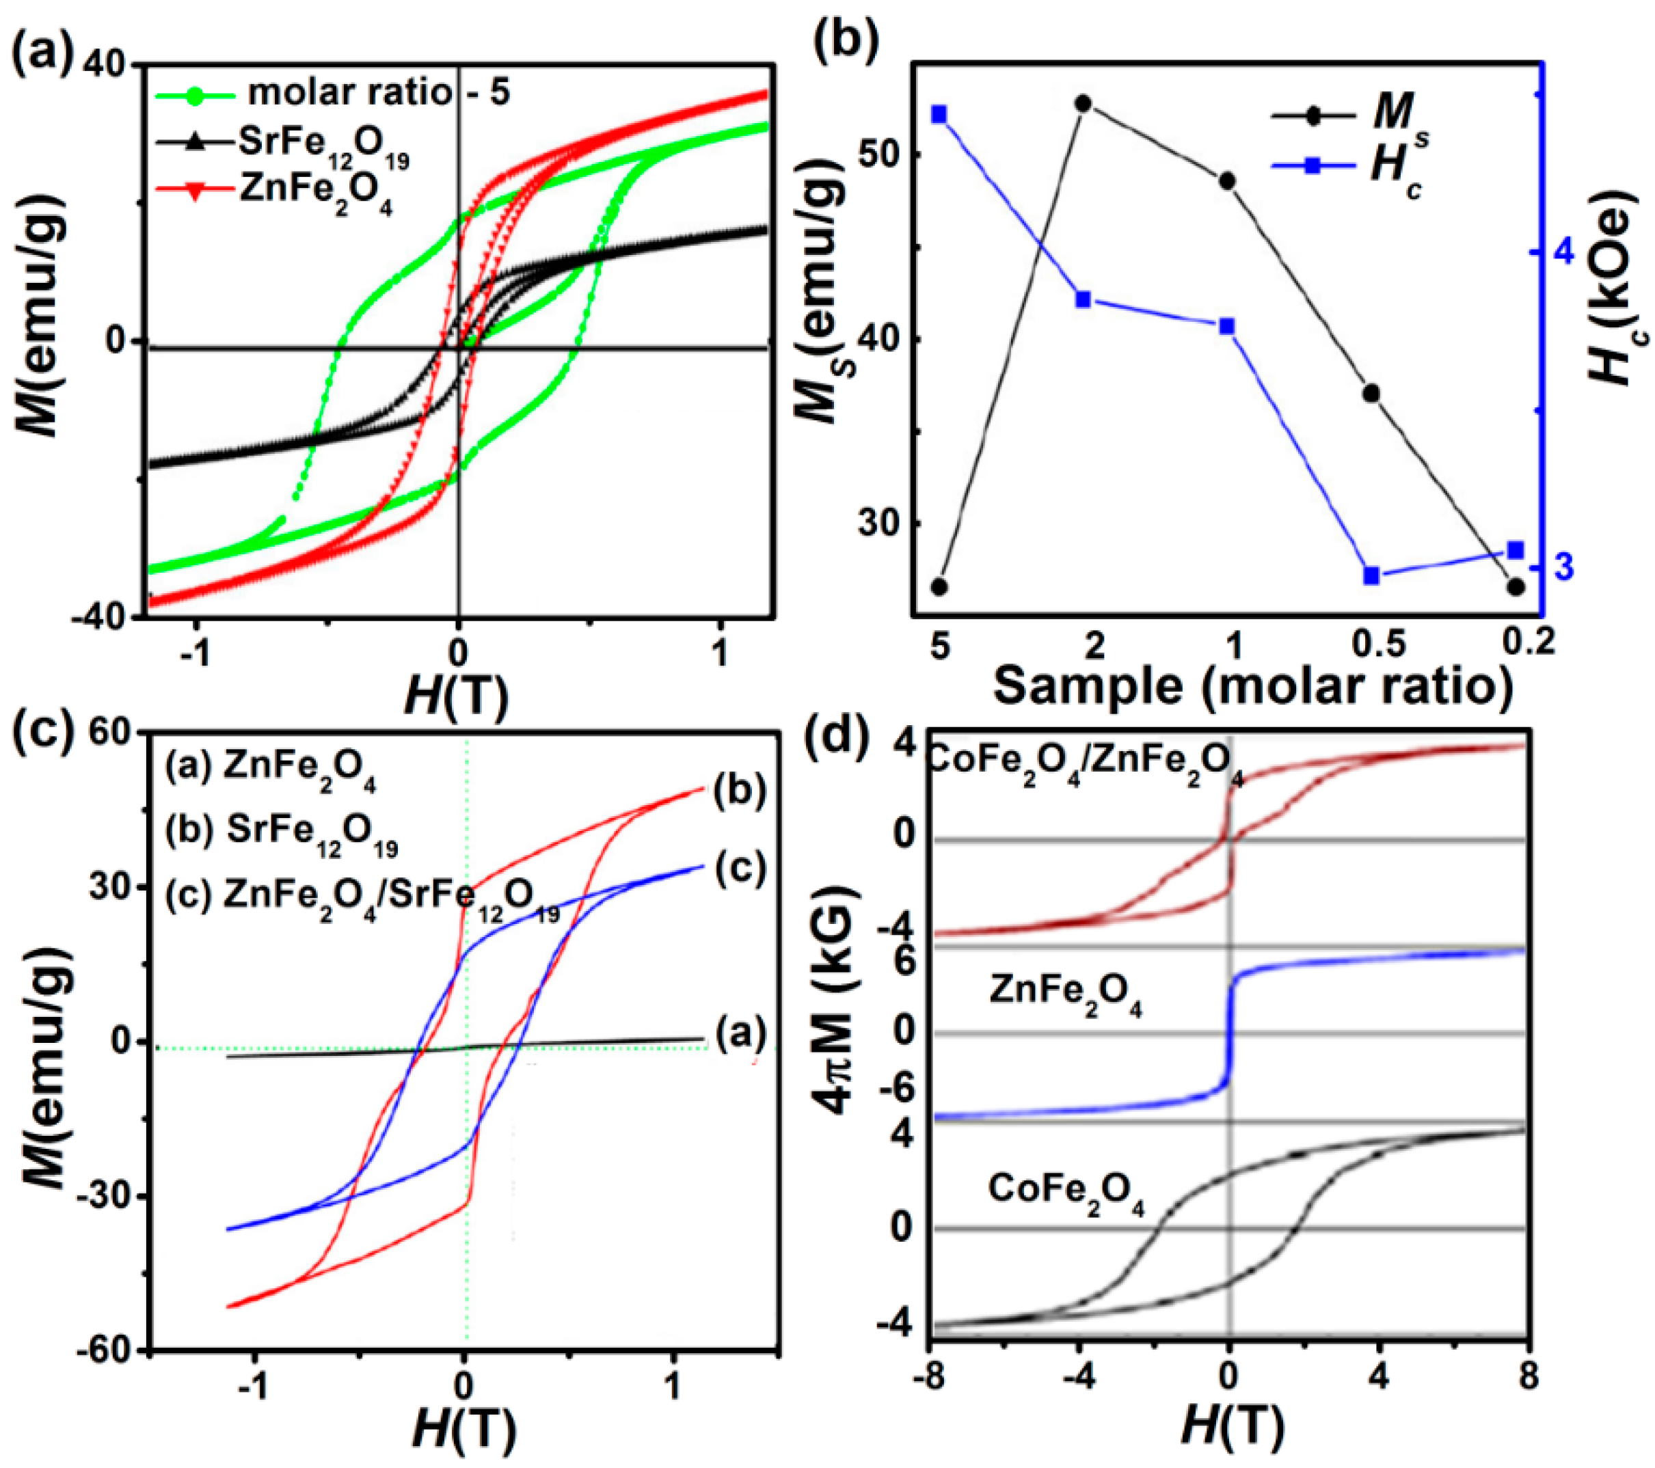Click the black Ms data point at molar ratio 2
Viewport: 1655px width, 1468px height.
click(1083, 104)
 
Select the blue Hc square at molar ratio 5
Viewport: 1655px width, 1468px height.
click(939, 114)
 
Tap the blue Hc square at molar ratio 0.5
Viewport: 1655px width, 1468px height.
click(1371, 575)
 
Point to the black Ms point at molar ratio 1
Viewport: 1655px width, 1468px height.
click(1226, 180)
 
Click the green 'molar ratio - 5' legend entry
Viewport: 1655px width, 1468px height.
click(332, 93)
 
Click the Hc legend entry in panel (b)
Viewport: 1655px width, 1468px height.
click(1348, 167)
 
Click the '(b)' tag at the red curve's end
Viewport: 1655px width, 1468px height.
click(739, 791)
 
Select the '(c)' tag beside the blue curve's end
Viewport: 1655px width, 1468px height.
click(739, 869)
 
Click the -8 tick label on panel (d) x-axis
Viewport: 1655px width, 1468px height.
click(930, 1376)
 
